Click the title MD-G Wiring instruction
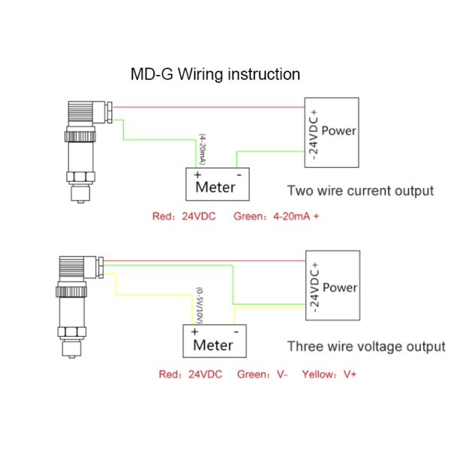216,74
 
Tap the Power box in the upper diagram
331,132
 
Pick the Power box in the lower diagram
332,289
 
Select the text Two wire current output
361,191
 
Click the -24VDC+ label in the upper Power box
312,132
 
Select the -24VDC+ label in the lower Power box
314,289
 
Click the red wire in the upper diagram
210,106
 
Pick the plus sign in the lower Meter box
195,331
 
